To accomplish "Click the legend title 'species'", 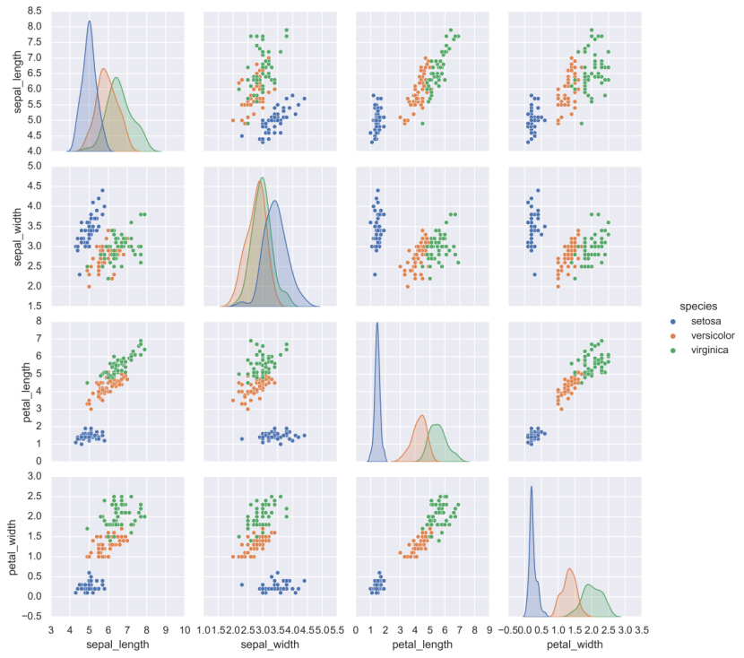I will tap(696, 305).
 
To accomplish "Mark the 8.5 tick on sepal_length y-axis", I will tap(34, 11).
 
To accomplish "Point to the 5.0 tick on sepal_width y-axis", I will tap(34, 166).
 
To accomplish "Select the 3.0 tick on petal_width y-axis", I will tap(34, 477).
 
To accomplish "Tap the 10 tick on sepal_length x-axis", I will tap(184, 630).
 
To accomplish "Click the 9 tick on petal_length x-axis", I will tap(489, 630).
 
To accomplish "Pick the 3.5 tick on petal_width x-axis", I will tap(642, 630).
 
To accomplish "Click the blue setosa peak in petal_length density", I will tap(377, 324).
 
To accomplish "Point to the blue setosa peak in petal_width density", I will tap(532, 487).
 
